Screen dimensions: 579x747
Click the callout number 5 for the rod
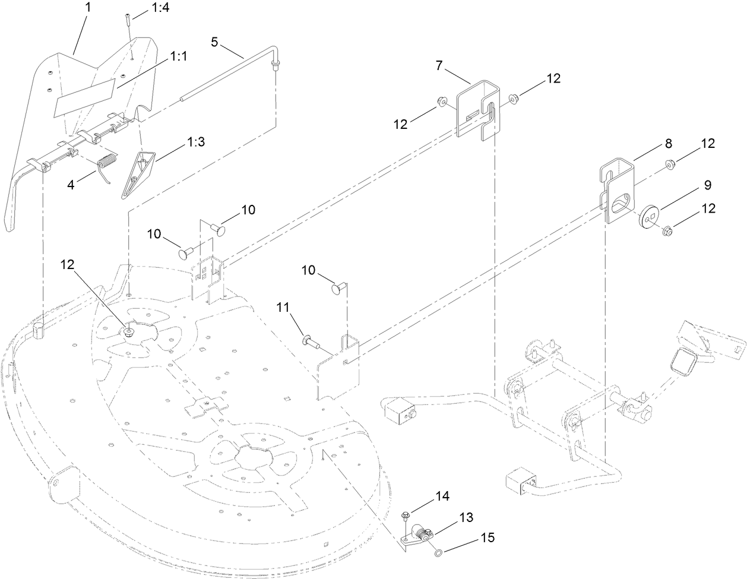214,42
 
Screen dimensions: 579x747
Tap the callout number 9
707,185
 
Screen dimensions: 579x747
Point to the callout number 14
442,496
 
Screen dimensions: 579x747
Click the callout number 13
466,517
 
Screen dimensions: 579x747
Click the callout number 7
439,65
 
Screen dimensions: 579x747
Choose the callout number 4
71,184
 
